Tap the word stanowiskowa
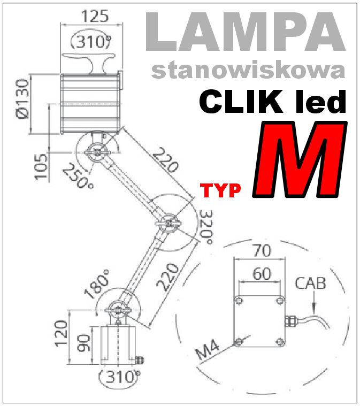[248, 70]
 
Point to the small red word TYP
[220, 190]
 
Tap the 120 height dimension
[60, 333]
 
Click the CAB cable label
[310, 283]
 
